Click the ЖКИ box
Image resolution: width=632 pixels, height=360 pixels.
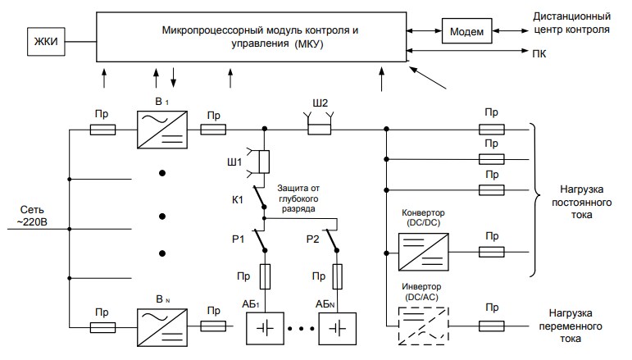coord(46,42)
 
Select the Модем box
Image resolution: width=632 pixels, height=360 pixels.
coord(466,31)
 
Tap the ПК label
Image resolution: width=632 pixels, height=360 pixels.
coord(539,53)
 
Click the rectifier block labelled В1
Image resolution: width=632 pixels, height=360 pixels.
coord(162,130)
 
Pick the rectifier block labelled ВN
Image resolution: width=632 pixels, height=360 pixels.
coord(162,327)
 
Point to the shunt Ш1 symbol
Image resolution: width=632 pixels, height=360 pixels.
coord(260,162)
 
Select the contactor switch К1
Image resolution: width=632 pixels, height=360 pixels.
coord(259,197)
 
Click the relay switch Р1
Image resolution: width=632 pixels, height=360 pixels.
coord(259,240)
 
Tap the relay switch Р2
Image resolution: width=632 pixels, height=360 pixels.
coord(332,240)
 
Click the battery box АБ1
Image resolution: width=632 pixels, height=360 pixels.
coord(265,329)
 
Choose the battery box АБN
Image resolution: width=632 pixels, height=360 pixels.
coord(338,329)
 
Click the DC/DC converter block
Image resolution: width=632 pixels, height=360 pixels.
coord(424,252)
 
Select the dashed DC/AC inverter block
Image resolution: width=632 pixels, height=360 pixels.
coord(424,326)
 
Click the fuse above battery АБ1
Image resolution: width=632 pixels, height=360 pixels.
coord(265,276)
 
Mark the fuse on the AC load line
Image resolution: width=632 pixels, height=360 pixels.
coord(491,326)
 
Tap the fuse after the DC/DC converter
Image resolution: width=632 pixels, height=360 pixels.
coord(491,252)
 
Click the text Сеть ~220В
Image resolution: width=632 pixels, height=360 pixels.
coord(32,216)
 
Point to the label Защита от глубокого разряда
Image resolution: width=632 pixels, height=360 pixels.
coord(298,198)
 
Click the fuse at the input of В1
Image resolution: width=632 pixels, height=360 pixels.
coord(102,130)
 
